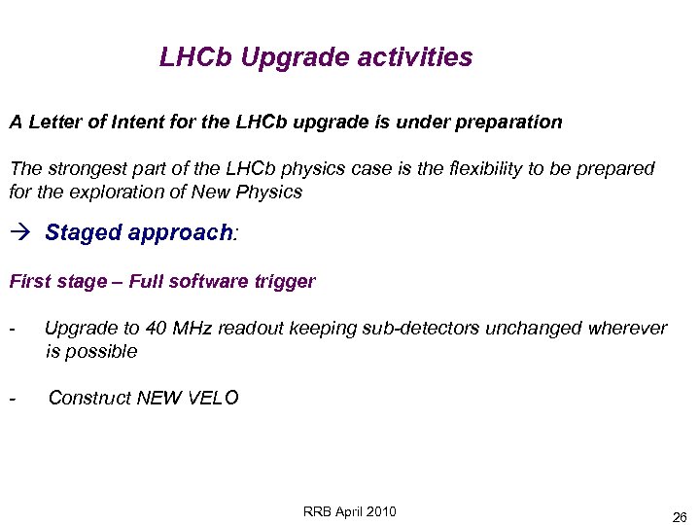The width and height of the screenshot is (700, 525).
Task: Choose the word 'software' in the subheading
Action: click(207, 282)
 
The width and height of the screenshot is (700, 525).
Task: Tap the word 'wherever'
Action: click(628, 329)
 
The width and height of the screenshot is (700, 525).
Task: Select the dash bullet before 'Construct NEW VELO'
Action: click(12, 398)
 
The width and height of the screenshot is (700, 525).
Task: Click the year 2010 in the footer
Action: click(378, 512)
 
